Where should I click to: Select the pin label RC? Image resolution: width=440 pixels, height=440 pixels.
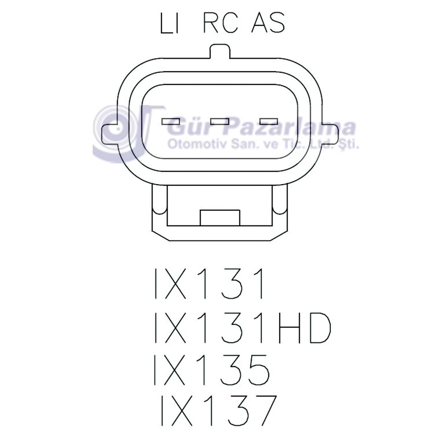click(220, 23)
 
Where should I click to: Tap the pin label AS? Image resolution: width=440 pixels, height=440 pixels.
click(268, 23)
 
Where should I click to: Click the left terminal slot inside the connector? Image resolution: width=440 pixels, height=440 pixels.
click(171, 121)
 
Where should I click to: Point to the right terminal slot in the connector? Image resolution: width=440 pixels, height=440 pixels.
click(269, 121)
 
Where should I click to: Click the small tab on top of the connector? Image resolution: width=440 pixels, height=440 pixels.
click(220, 51)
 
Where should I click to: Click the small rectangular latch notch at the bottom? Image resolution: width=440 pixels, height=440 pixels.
click(220, 218)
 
